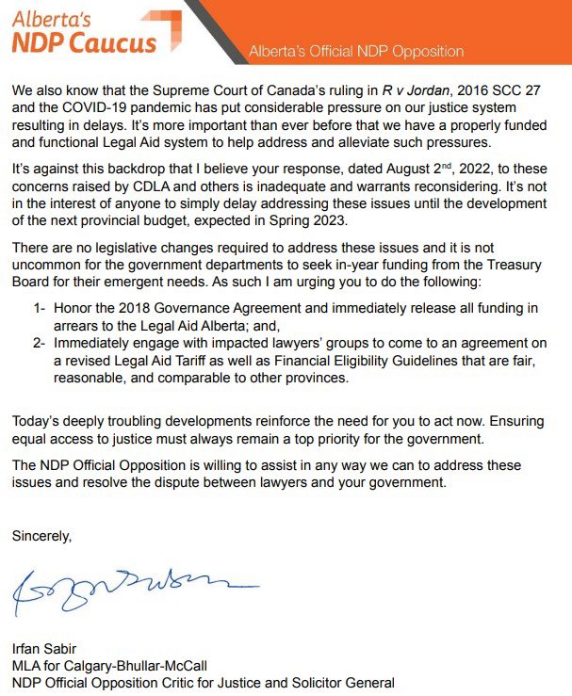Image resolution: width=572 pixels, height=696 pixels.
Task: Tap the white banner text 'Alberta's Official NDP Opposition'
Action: (x=356, y=51)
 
